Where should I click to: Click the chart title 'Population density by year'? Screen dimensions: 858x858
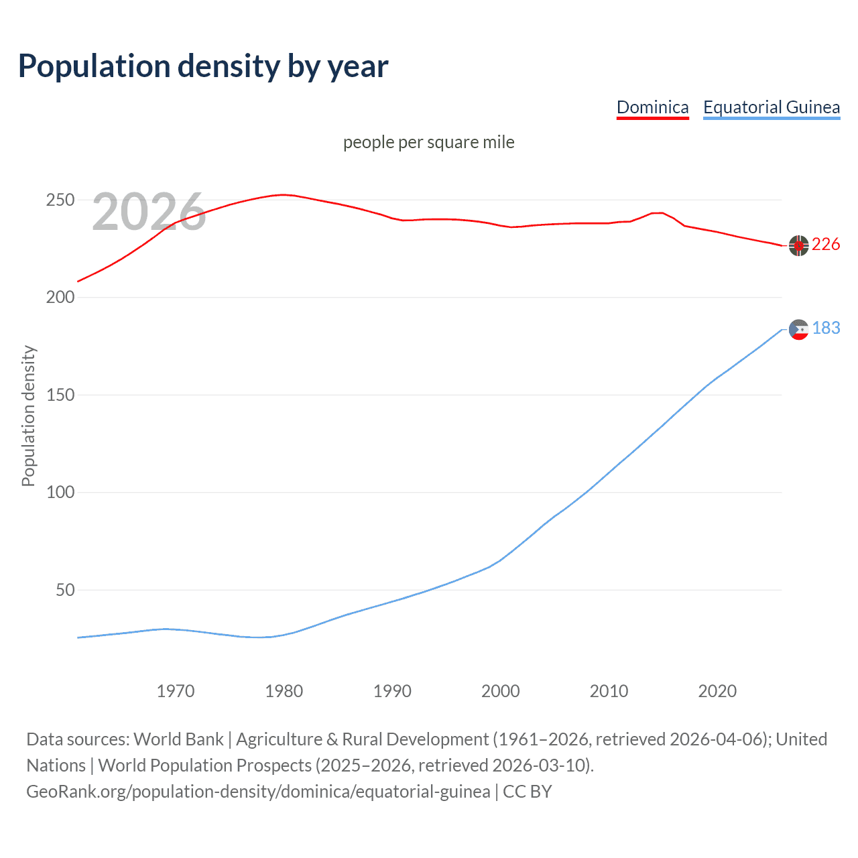[203, 66]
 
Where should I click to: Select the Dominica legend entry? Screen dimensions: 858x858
[652, 107]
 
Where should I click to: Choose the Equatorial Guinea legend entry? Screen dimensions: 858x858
[771, 107]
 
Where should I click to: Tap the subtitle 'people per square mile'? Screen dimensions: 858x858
[429, 142]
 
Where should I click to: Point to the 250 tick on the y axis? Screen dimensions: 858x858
[60, 200]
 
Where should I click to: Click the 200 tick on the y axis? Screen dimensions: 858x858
[60, 298]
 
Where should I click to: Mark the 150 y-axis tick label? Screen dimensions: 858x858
[60, 395]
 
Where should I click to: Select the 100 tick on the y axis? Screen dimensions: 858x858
[60, 493]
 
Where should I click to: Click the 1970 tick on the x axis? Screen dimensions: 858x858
[176, 691]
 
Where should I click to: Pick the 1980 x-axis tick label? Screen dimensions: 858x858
[284, 691]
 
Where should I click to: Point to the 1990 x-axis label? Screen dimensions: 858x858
[392, 691]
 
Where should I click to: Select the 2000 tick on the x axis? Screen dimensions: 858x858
[501, 691]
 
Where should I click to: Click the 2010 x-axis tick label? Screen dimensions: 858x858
[609, 691]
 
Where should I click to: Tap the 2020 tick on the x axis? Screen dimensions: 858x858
[717, 691]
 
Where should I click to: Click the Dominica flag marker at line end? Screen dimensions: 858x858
[798, 246]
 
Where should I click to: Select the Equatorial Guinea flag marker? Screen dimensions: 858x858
[798, 329]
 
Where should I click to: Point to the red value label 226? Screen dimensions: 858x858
[826, 245]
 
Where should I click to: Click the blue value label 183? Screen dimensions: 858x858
[826, 328]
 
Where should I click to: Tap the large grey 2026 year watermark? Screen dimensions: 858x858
[149, 212]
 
